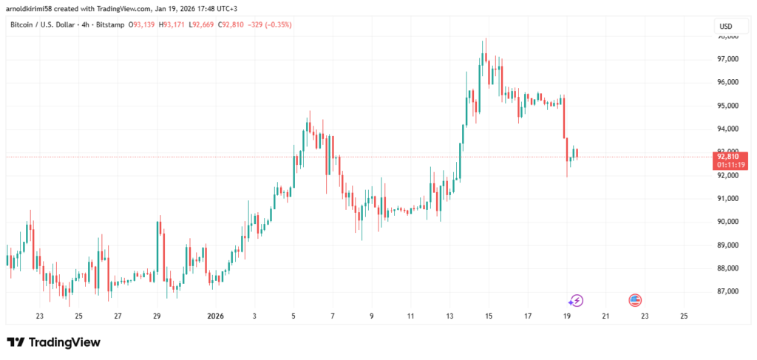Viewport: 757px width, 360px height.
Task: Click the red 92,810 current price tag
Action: [x=727, y=156]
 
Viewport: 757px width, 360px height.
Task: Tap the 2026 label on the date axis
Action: [x=215, y=316]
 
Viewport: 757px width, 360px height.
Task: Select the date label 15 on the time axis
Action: [x=489, y=316]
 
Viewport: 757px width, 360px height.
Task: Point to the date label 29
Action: [x=157, y=316]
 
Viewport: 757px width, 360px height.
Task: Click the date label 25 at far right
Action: [x=683, y=316]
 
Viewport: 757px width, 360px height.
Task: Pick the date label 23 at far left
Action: [x=39, y=316]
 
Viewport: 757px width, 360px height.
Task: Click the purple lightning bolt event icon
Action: [x=575, y=300]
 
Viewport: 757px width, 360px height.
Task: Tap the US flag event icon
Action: [x=635, y=300]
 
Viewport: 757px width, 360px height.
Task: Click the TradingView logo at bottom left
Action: [x=53, y=342]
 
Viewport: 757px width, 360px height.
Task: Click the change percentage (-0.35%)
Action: [x=277, y=24]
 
